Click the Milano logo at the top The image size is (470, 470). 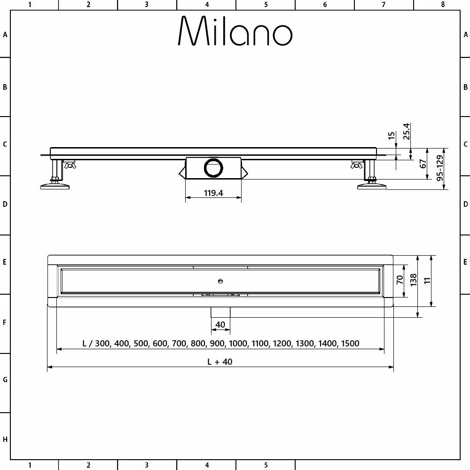coord(235,31)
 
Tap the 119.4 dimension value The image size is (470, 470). coord(213,193)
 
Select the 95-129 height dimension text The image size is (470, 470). coord(440,168)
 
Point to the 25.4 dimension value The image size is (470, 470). coord(406,131)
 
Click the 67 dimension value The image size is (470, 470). coord(423,164)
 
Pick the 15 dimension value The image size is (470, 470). coord(392,135)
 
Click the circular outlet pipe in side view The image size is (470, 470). coord(213,168)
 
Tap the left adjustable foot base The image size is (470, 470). coord(55,187)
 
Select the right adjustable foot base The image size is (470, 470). coord(372,187)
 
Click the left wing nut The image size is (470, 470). coord(70,164)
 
